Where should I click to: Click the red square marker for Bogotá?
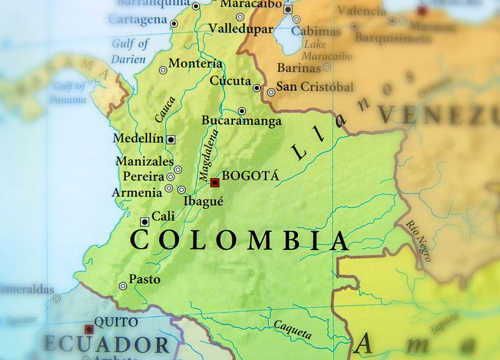pos(215,183)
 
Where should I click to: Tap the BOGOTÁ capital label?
pos(250,176)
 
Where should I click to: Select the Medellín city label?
pos(138,139)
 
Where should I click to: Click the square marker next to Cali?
pos(145,222)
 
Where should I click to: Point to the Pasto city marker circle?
pos(122,286)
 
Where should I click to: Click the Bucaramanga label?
pos(242,122)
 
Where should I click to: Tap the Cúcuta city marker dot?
pos(257,88)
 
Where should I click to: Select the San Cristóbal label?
pos(315,87)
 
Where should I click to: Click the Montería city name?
pos(195,64)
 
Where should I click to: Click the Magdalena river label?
pos(209,156)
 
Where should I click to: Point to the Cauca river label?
pos(165,109)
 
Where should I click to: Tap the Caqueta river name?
pos(292,329)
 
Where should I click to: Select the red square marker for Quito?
pos(89,329)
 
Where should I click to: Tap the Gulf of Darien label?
pos(130,50)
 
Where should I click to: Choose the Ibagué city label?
pos(203,201)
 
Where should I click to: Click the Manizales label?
pos(145,161)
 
